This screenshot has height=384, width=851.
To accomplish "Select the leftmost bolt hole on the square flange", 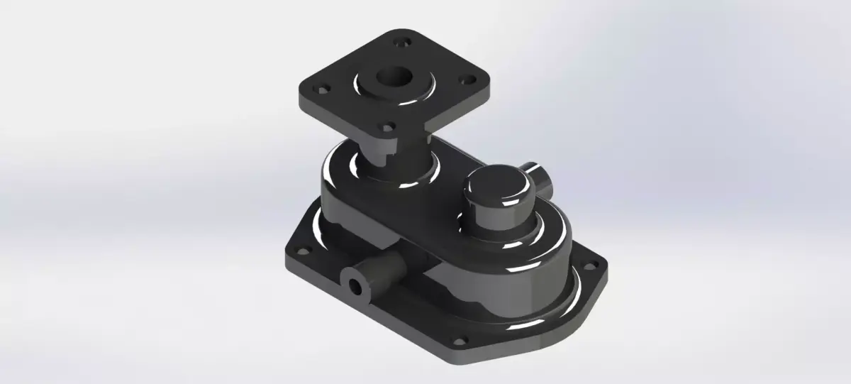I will [x=322, y=90].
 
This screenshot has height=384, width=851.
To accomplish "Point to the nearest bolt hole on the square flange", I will [x=386, y=128].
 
